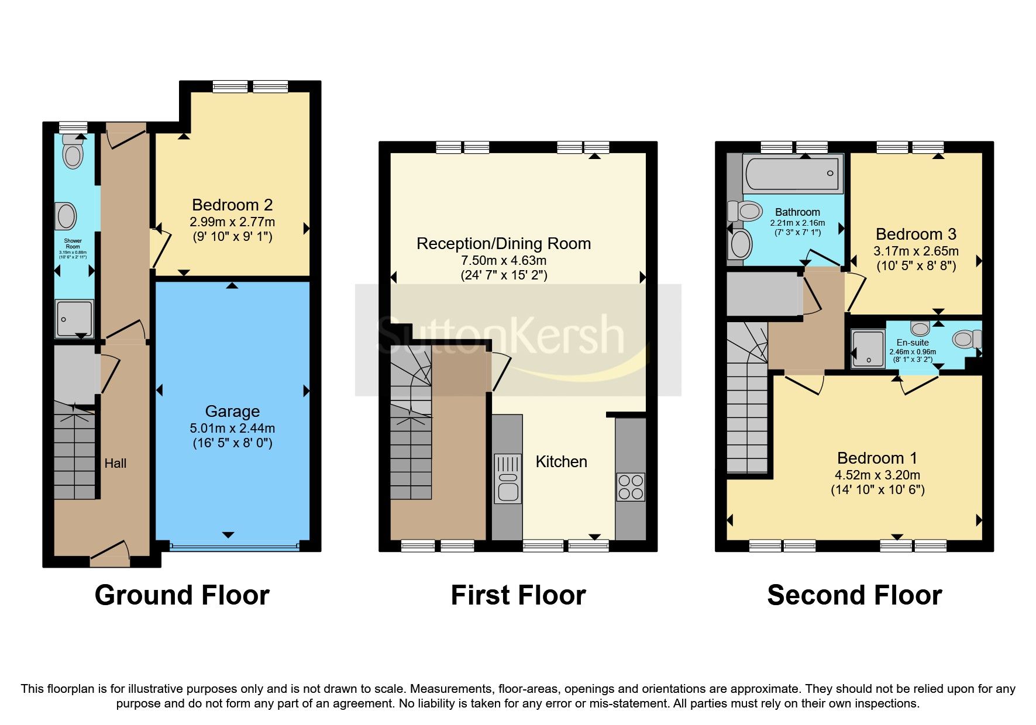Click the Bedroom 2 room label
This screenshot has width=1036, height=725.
tap(232, 205)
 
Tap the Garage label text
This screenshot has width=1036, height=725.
tap(232, 412)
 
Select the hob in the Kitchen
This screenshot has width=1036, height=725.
tap(630, 487)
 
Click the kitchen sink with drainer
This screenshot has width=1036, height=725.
tap(507, 478)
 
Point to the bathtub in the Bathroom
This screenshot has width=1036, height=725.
tap(793, 173)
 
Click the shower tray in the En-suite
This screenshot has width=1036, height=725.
tap(868, 349)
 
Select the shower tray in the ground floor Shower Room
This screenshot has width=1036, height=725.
tap(74, 319)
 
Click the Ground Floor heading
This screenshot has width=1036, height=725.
tap(182, 595)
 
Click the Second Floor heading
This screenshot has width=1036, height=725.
tap(854, 595)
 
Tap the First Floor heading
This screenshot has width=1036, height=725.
tap(518, 595)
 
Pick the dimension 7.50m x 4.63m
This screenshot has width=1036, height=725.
tap(504, 261)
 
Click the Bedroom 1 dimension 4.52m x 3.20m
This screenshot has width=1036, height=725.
tap(877, 475)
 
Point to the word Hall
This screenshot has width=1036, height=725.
tap(115, 464)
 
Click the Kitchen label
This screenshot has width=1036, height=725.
tap(561, 462)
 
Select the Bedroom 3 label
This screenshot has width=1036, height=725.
tap(915, 234)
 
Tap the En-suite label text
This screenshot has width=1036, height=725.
tap(912, 343)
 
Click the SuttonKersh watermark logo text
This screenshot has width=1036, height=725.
tap(501, 336)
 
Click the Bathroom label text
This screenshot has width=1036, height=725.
tap(797, 212)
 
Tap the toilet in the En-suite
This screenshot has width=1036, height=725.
tap(966, 339)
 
